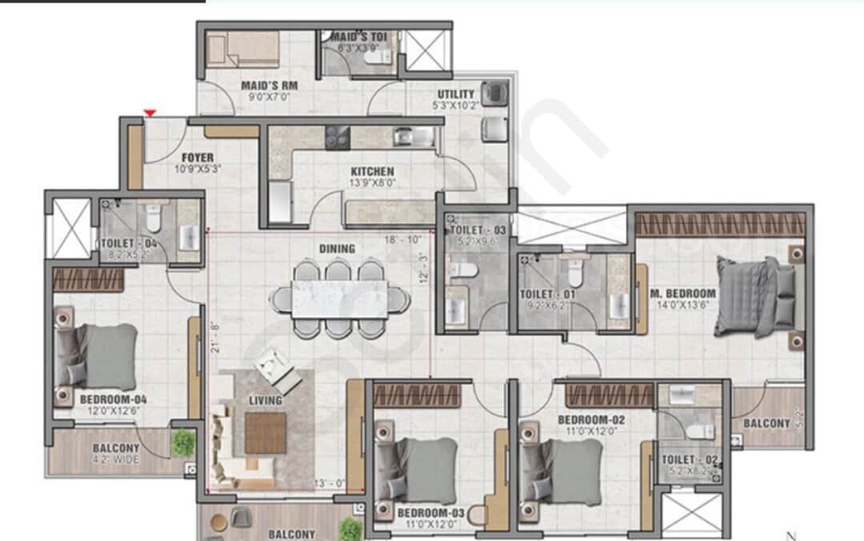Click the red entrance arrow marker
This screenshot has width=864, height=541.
click(149, 114)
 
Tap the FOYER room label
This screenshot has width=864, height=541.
click(197, 158)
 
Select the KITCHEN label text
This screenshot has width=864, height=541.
click(372, 171)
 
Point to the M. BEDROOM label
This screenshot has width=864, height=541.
click(683, 293)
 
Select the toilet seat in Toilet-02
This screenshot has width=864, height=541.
click(701, 431)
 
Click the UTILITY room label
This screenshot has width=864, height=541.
click(456, 94)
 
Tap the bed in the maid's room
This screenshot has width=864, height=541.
click(242, 50)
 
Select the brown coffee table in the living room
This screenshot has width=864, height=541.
click(265, 433)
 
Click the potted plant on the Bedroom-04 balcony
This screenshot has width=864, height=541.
click(183, 442)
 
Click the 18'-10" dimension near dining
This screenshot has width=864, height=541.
click(402, 239)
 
